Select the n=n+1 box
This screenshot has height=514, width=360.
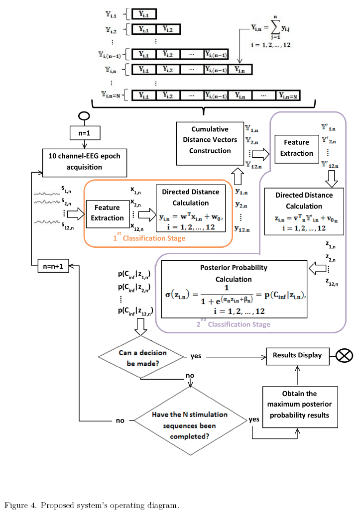click(53, 266)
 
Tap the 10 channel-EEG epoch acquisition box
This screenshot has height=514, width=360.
click(84, 161)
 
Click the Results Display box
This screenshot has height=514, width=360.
click(297, 355)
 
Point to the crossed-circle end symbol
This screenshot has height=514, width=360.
click(344, 356)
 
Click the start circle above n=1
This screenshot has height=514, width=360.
click(82, 117)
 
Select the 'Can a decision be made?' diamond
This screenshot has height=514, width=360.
click(142, 357)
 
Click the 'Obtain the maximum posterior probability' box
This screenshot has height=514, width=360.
click(299, 404)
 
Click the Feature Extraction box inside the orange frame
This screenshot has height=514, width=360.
click(107, 212)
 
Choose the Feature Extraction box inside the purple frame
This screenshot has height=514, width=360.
click(296, 148)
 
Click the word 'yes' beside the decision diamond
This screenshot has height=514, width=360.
click(196, 357)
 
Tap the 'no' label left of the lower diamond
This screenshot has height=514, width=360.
click(120, 420)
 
